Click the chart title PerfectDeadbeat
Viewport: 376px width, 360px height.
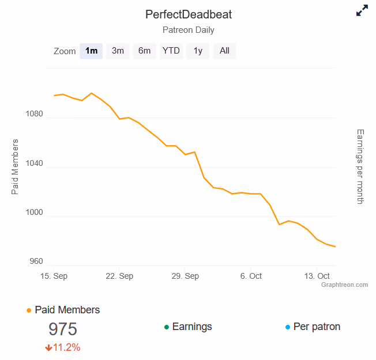[x=189, y=14]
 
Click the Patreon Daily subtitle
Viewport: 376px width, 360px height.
[x=189, y=30]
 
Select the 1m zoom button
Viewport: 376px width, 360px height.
[x=91, y=51]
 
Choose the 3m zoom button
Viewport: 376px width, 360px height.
[x=118, y=51]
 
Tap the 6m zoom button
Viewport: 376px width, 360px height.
[x=144, y=51]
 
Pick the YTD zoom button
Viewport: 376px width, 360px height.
[x=171, y=51]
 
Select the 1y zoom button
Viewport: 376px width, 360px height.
[x=198, y=51]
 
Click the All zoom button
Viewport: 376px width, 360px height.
[x=224, y=51]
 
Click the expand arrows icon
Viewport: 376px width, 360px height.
[x=362, y=11]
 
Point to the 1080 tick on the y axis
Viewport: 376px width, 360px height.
[x=34, y=113]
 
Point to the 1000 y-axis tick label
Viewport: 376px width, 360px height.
[x=34, y=213]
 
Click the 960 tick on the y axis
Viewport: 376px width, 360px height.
[x=36, y=262]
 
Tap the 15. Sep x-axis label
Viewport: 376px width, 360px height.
[x=53, y=276]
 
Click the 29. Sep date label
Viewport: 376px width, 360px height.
[x=185, y=276]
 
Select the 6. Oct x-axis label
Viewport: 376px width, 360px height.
[x=251, y=276]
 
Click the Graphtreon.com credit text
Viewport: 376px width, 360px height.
[x=344, y=285]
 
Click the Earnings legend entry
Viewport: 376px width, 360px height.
[x=191, y=327]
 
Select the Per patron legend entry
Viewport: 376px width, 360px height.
[x=317, y=327]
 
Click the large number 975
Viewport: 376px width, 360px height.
[x=63, y=329]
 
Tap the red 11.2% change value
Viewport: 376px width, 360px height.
[x=66, y=347]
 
